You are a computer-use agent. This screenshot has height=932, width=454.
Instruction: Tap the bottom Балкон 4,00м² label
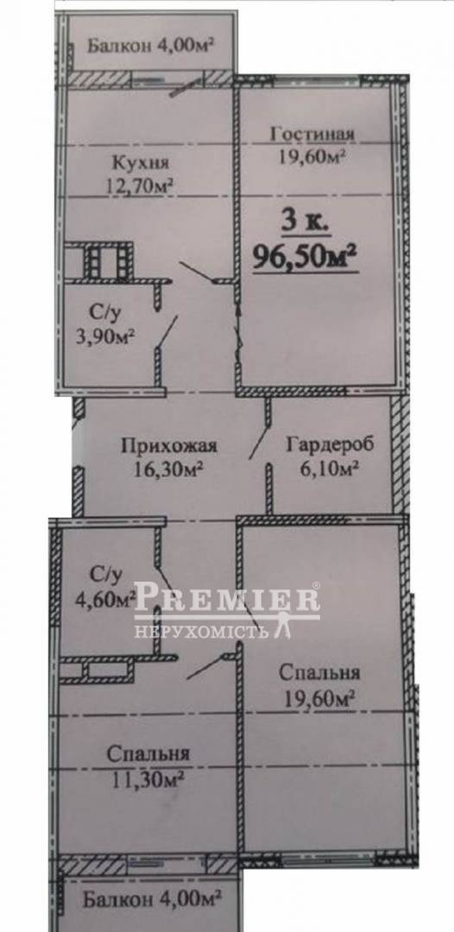(153, 900)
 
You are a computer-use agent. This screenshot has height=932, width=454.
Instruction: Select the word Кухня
(139, 163)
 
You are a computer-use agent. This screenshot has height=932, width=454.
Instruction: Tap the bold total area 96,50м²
(306, 257)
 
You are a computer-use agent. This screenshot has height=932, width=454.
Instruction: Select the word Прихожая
(169, 445)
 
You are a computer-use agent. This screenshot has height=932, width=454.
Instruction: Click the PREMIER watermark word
(227, 599)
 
